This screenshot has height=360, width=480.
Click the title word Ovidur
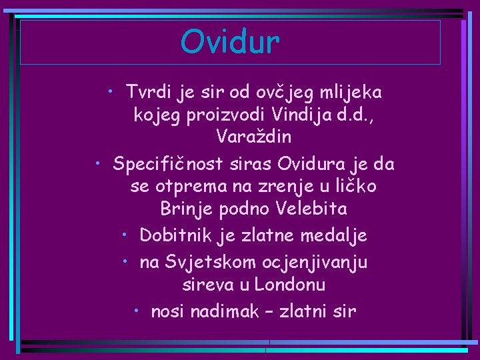[230, 42]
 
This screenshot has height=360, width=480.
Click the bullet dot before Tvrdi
[114, 89]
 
